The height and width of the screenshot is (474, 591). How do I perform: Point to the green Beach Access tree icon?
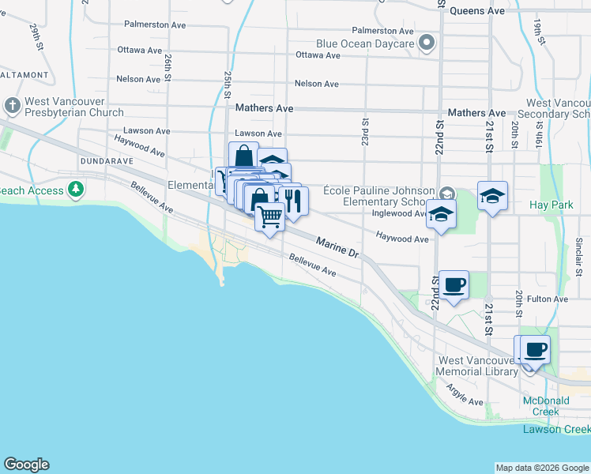75,189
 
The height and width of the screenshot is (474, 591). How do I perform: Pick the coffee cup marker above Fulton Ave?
454,284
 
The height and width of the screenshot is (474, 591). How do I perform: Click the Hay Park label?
551,205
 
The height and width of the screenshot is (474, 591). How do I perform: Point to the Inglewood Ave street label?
398,213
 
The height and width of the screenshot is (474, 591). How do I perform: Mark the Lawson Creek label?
556,429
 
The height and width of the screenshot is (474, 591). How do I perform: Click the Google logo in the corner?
26,465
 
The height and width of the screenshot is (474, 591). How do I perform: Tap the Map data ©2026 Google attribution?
542,468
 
